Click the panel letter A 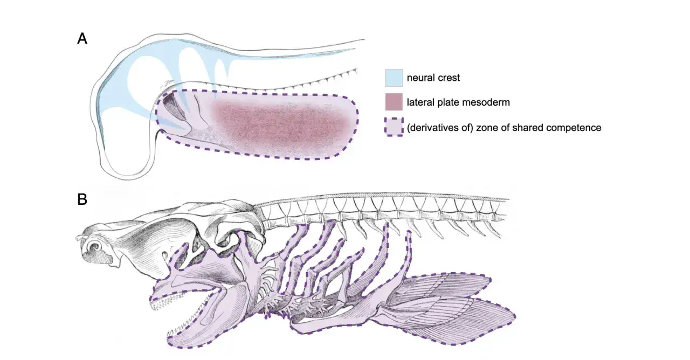tap(82, 39)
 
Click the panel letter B tap(82, 199)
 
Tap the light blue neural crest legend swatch tap(394, 78)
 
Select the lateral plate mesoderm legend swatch tap(394, 102)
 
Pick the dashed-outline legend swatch tap(394, 127)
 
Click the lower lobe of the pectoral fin tap(456, 320)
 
